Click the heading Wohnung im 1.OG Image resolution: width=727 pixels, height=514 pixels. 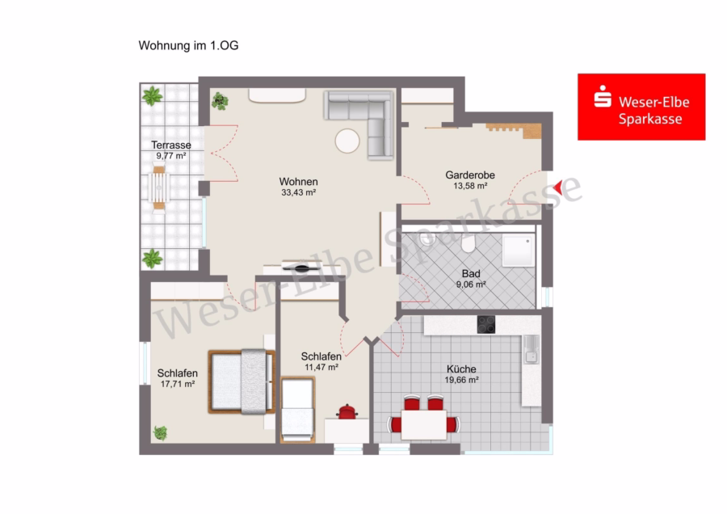tap(188, 45)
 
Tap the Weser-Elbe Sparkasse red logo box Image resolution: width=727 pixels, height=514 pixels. tap(641, 107)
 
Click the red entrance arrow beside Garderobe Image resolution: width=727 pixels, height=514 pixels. tap(558, 187)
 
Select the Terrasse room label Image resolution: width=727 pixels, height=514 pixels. tap(171, 145)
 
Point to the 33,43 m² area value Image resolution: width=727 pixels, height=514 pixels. tap(299, 192)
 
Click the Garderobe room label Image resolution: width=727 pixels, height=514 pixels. tap(470, 175)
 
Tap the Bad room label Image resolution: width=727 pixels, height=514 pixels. tap(471, 274)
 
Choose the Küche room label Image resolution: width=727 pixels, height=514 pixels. tap(461, 369)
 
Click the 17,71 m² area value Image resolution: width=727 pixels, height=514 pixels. tap(178, 384)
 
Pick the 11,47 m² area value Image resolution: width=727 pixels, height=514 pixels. tap(321, 368)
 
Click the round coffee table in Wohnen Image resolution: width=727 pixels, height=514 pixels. tap(347, 141)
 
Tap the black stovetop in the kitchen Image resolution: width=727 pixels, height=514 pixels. tap(486, 324)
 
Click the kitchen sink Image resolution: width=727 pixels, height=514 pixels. tap(532, 349)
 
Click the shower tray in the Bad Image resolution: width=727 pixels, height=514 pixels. tap(519, 250)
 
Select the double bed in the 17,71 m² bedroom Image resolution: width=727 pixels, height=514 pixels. tap(242, 381)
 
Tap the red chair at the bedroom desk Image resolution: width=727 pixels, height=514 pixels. tap(347, 411)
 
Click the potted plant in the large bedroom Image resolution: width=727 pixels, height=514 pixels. tap(161, 433)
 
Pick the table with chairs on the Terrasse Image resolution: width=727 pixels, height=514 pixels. tap(159, 187)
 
